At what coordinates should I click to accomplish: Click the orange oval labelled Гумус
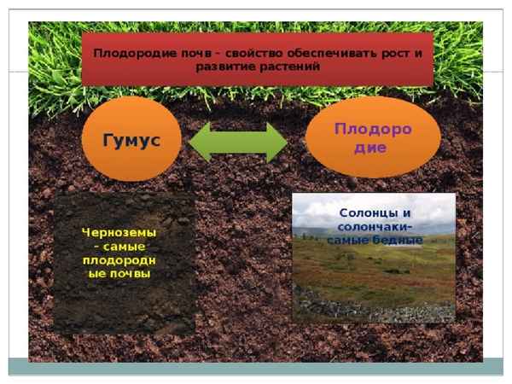(x=131, y=140)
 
